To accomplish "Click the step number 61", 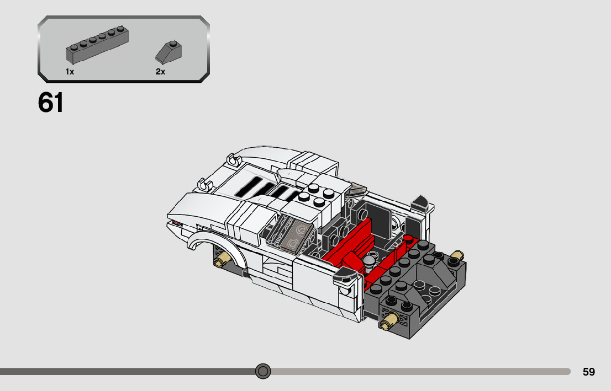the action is coord(51,103).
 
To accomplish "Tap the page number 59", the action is coord(589,372).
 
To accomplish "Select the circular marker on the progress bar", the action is coord(263,371).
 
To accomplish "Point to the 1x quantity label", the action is coord(70,72).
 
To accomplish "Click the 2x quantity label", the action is coord(161,72).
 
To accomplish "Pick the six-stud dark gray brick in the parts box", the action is coord(97,45).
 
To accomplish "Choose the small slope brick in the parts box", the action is coord(168,52).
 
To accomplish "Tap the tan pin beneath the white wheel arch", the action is coord(223,259).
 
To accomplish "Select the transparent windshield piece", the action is coord(291,232).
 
